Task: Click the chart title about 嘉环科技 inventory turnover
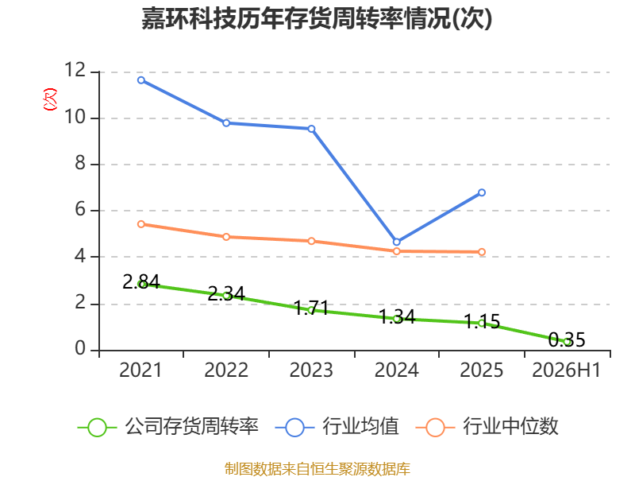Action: (x=317, y=18)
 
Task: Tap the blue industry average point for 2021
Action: (x=141, y=80)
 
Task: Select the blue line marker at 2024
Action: (x=396, y=242)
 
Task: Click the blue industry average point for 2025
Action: (x=482, y=192)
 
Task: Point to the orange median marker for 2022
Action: (x=226, y=237)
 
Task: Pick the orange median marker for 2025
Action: (x=482, y=252)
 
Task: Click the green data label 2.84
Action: (x=141, y=281)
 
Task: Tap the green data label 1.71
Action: (x=311, y=308)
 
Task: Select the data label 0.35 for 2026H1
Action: (x=567, y=339)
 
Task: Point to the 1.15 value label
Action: (x=482, y=321)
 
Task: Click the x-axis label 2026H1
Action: (x=566, y=370)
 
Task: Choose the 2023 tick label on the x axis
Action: (x=311, y=370)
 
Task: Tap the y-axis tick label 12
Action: (x=75, y=70)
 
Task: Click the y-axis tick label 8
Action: (x=80, y=163)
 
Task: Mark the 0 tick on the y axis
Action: (x=80, y=348)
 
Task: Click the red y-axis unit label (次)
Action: (x=50, y=99)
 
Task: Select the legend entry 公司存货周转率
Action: (x=168, y=427)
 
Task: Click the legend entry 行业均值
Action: (x=337, y=427)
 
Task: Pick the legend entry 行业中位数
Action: (x=487, y=427)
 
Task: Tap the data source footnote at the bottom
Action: (x=317, y=468)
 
